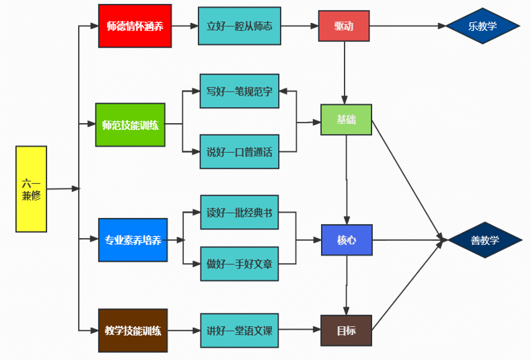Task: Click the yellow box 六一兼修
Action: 31,189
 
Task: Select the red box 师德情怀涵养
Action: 135,26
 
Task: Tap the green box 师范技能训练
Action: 130,124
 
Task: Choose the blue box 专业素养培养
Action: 133,240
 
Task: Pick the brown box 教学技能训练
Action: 133,330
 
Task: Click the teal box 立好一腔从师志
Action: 240,26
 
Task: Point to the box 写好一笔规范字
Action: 240,91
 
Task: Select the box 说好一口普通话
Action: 240,152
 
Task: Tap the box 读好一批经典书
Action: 240,213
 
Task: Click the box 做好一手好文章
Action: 240,263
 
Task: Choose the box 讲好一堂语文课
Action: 240,330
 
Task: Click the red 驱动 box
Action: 343,26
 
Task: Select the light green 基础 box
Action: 346,120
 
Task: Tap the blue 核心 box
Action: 347,240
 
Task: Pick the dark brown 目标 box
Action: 347,330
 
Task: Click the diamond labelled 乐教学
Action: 483,27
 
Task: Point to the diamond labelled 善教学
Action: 485,240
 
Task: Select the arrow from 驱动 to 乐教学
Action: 407,27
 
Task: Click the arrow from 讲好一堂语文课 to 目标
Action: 300,330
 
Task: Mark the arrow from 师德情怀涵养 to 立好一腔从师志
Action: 184,26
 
